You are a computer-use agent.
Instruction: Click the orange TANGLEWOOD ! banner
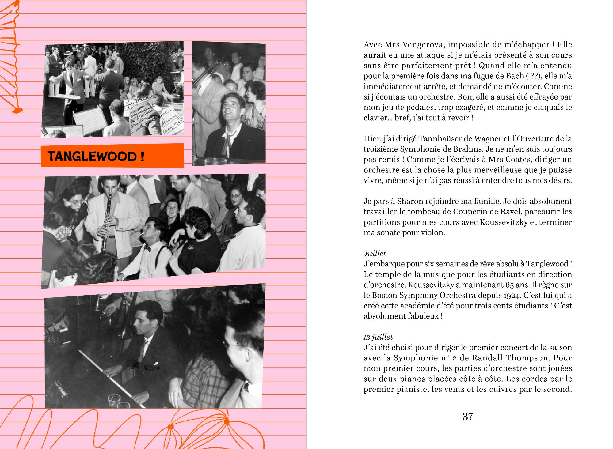click(x=112, y=156)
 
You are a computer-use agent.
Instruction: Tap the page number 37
click(x=468, y=417)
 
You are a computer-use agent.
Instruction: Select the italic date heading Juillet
click(x=375, y=253)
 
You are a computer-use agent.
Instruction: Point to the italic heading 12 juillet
click(x=378, y=337)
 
